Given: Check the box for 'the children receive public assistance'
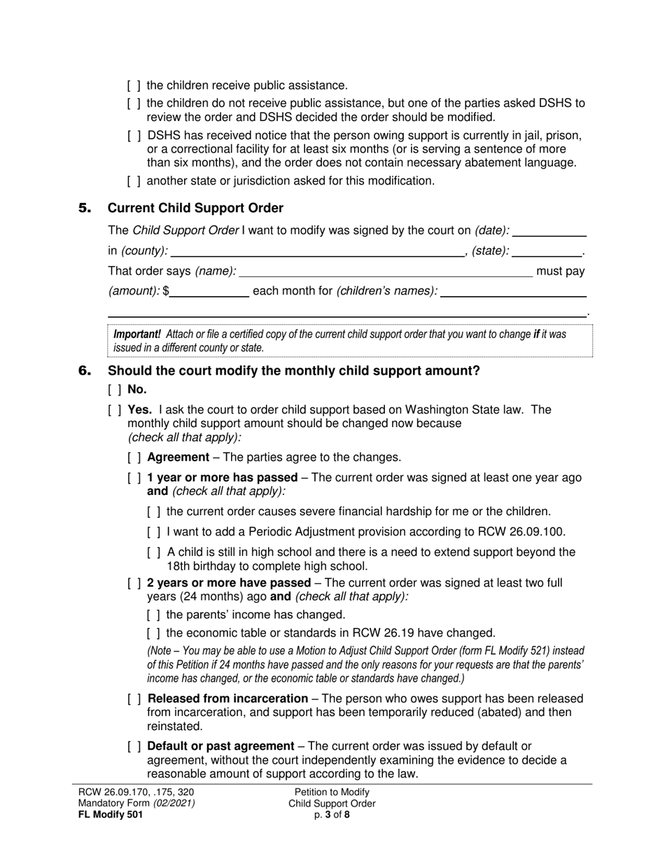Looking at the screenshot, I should [134, 85].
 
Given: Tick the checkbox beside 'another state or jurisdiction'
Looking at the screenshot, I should [134, 181].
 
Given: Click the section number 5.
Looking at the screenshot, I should [85, 208].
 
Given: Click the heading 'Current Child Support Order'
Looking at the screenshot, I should [195, 208].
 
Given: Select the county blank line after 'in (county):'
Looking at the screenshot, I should [317, 252].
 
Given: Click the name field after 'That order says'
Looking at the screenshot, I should [386, 272].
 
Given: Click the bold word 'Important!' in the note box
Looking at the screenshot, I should [137, 334].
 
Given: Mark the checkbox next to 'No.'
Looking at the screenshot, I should [115, 390].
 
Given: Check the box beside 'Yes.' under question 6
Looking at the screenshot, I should [115, 409].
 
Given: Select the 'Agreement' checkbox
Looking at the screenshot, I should [134, 457].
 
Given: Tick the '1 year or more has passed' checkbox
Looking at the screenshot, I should [134, 477].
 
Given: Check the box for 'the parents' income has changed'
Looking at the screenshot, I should [154, 615].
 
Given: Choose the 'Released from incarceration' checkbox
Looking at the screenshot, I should [134, 699].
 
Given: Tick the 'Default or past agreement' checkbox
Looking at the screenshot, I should [134, 746].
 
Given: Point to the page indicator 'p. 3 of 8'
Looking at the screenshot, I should [332, 814].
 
